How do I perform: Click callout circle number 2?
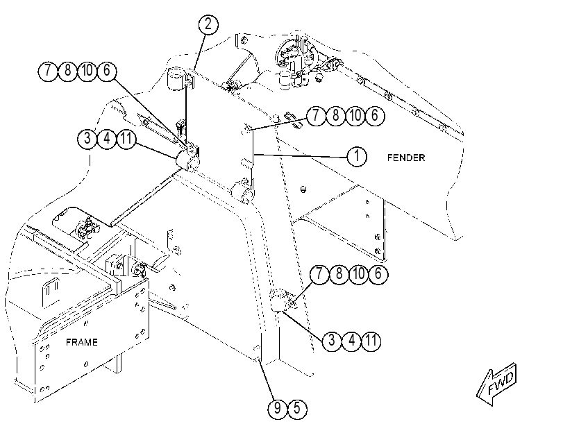(208, 25)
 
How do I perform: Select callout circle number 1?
(357, 156)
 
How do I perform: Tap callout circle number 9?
(278, 409)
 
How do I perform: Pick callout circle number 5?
(297, 409)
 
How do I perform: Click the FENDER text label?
(406, 158)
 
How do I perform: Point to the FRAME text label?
(82, 342)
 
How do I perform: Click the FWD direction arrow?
(497, 384)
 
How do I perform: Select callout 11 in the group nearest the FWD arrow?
(371, 340)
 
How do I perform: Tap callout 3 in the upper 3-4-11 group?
(87, 139)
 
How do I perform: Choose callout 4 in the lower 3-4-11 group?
(351, 340)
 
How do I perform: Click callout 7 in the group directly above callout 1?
(316, 116)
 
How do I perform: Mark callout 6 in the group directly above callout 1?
(374, 116)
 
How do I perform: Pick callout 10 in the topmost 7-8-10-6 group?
(87, 71)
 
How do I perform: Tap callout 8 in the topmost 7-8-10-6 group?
(67, 71)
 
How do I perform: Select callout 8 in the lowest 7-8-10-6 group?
(339, 274)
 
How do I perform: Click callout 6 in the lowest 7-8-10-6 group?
(378, 274)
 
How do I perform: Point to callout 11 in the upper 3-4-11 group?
(126, 139)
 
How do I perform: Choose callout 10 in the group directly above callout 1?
(355, 116)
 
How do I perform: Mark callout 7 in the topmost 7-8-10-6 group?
(48, 71)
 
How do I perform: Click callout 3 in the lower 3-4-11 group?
(332, 340)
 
